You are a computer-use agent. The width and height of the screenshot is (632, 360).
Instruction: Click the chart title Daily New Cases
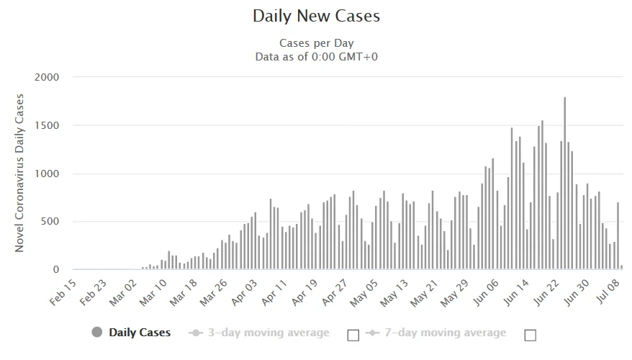click(x=316, y=16)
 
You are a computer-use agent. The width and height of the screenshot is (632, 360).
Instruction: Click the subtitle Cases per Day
click(x=316, y=43)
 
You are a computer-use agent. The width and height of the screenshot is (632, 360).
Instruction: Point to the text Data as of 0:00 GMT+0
click(x=316, y=56)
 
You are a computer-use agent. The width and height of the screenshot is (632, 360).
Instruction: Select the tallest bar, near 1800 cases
click(x=564, y=184)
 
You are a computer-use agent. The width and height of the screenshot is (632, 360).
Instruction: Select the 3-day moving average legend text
click(x=268, y=333)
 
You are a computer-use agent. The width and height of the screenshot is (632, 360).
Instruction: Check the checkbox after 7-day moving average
click(x=531, y=334)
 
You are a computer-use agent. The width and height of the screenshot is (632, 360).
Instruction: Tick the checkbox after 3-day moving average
click(x=353, y=334)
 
